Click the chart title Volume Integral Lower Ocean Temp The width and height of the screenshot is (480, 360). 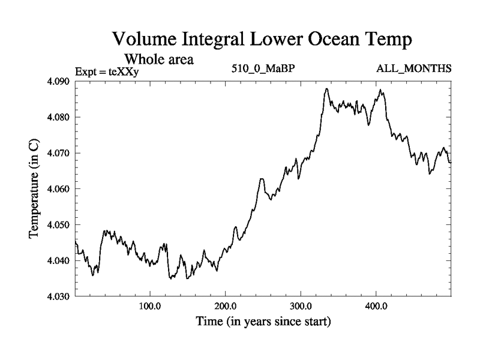tap(263, 41)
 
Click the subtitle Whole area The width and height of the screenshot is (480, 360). tap(158, 60)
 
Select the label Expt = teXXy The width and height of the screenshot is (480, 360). tap(107, 72)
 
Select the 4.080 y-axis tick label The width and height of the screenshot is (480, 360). tap(59, 117)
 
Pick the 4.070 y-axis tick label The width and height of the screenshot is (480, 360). tap(59, 153)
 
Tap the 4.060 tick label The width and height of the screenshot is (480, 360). tap(59, 189)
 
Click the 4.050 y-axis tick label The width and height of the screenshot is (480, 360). tap(59, 225)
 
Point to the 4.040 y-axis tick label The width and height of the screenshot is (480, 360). tap(59, 261)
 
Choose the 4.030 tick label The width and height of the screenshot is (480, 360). tap(59, 296)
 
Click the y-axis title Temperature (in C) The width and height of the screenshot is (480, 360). tap(35, 189)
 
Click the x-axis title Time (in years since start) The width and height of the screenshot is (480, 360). tap(263, 322)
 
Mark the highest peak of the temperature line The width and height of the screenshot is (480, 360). tap(326, 89)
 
